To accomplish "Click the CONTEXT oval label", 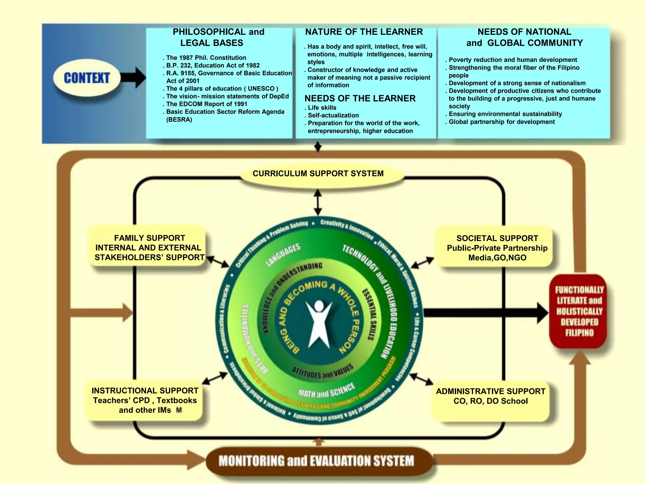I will point(87,78).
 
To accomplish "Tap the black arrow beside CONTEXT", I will point(133,78).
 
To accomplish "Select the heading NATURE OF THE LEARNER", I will point(364,32).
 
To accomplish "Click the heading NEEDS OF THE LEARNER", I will point(360,98).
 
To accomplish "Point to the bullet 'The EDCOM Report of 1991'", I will point(207,104).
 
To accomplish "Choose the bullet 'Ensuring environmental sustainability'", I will point(505,114).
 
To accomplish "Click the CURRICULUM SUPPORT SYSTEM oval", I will point(318,174).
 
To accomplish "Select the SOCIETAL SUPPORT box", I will point(497,248).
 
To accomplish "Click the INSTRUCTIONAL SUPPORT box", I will point(145,400).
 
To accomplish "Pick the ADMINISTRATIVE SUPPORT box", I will point(490,396).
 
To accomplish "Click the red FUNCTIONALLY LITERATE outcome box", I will point(579,311).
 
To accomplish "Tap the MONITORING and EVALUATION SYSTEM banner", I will point(316,461).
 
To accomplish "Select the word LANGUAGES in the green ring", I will point(283,255).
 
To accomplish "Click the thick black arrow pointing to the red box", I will point(485,313).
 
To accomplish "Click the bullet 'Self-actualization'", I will point(333,115).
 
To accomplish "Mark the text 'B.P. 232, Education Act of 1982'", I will point(213,66).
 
